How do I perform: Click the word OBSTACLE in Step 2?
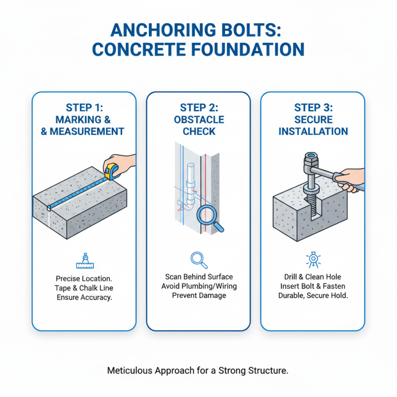198,120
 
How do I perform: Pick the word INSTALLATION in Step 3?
313,132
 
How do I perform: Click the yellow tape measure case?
114,170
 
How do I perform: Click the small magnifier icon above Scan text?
198,259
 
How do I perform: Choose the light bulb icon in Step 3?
313,259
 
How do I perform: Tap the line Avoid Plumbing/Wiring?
198,286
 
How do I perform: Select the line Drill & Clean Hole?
313,276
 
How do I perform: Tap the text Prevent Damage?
198,295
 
